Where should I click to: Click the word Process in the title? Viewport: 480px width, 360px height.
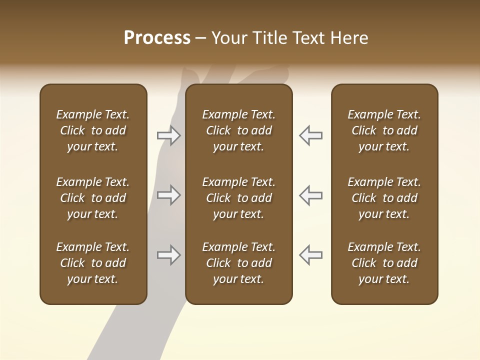[157, 38]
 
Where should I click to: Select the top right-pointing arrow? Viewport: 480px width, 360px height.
[168, 135]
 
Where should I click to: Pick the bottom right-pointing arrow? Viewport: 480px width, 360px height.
[168, 255]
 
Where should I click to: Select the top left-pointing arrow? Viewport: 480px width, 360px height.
[310, 135]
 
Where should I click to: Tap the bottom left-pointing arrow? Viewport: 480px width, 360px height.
[310, 255]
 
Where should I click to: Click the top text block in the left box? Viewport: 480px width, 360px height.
[93, 130]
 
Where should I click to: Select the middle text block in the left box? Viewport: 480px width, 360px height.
[93, 198]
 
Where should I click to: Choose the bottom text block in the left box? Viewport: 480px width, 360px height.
[93, 263]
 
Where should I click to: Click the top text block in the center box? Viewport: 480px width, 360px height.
[239, 130]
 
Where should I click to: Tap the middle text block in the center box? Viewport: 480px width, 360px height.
[239, 198]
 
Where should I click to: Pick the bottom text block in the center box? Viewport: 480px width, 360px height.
[239, 263]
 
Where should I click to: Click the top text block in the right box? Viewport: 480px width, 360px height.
[384, 130]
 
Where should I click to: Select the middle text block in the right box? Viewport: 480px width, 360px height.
[384, 198]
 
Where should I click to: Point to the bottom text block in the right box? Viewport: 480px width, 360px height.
[384, 263]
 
